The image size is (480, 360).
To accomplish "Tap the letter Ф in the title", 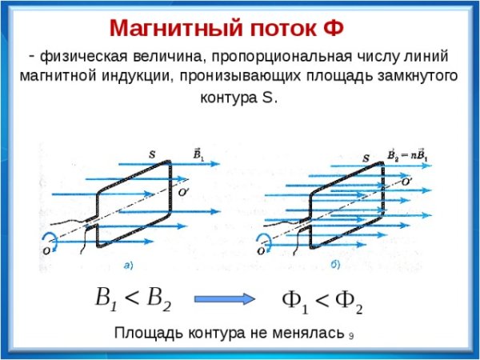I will (333, 29).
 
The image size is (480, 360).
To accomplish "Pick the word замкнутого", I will (414, 78).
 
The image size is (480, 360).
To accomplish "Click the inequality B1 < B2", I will (132, 299).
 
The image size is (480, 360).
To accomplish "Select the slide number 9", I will (351, 336).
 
